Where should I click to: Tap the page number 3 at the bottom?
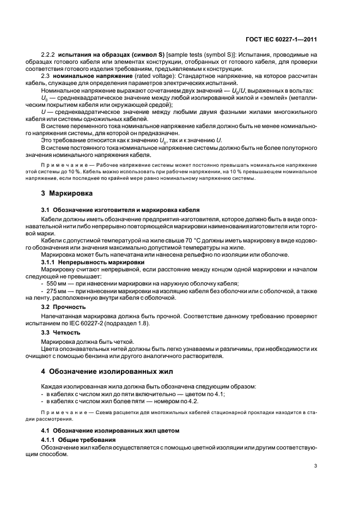pyautogui.click(x=316, y=466)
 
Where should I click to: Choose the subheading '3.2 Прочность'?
pyautogui.click(x=61, y=307)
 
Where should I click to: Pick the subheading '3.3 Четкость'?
pyautogui.click(x=60, y=332)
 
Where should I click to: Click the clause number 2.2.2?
pyautogui.click(x=49, y=54)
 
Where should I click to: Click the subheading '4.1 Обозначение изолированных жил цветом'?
pyautogui.click(x=110, y=430)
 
